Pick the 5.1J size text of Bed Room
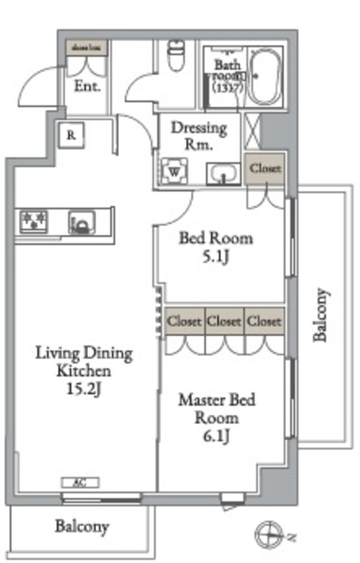(216, 259)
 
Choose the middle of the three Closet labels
(224, 321)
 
